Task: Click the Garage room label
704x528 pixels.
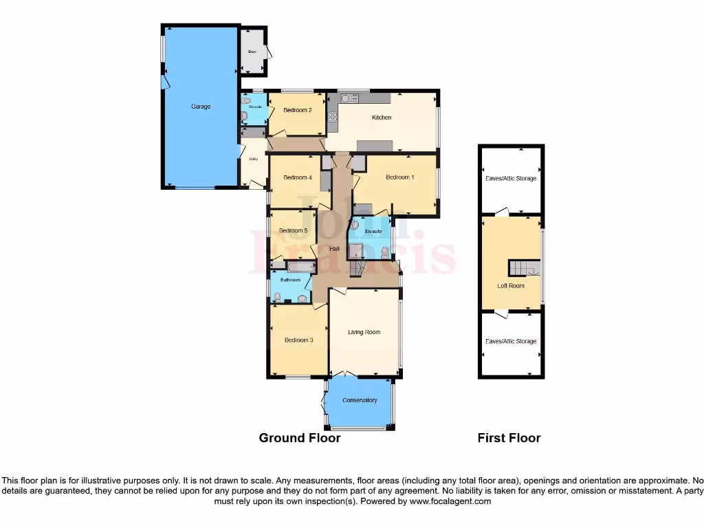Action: click(x=201, y=107)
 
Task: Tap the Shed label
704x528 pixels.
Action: click(x=252, y=52)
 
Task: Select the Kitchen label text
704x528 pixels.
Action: click(x=382, y=118)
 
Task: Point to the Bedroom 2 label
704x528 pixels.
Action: click(x=298, y=110)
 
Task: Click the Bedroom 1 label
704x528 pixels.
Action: click(x=400, y=177)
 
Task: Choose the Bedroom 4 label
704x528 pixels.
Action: click(x=298, y=178)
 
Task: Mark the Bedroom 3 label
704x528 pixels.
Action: click(x=299, y=340)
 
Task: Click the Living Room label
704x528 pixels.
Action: click(x=364, y=333)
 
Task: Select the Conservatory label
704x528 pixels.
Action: click(x=360, y=400)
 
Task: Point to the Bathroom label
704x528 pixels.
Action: click(x=290, y=280)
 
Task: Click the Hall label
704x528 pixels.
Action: click(x=334, y=248)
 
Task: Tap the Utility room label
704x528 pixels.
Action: click(x=253, y=159)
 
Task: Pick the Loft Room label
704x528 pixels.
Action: click(x=511, y=286)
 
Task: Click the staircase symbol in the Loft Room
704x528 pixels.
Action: click(x=524, y=267)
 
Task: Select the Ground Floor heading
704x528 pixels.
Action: click(x=300, y=438)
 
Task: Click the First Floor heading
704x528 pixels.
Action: click(x=509, y=438)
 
